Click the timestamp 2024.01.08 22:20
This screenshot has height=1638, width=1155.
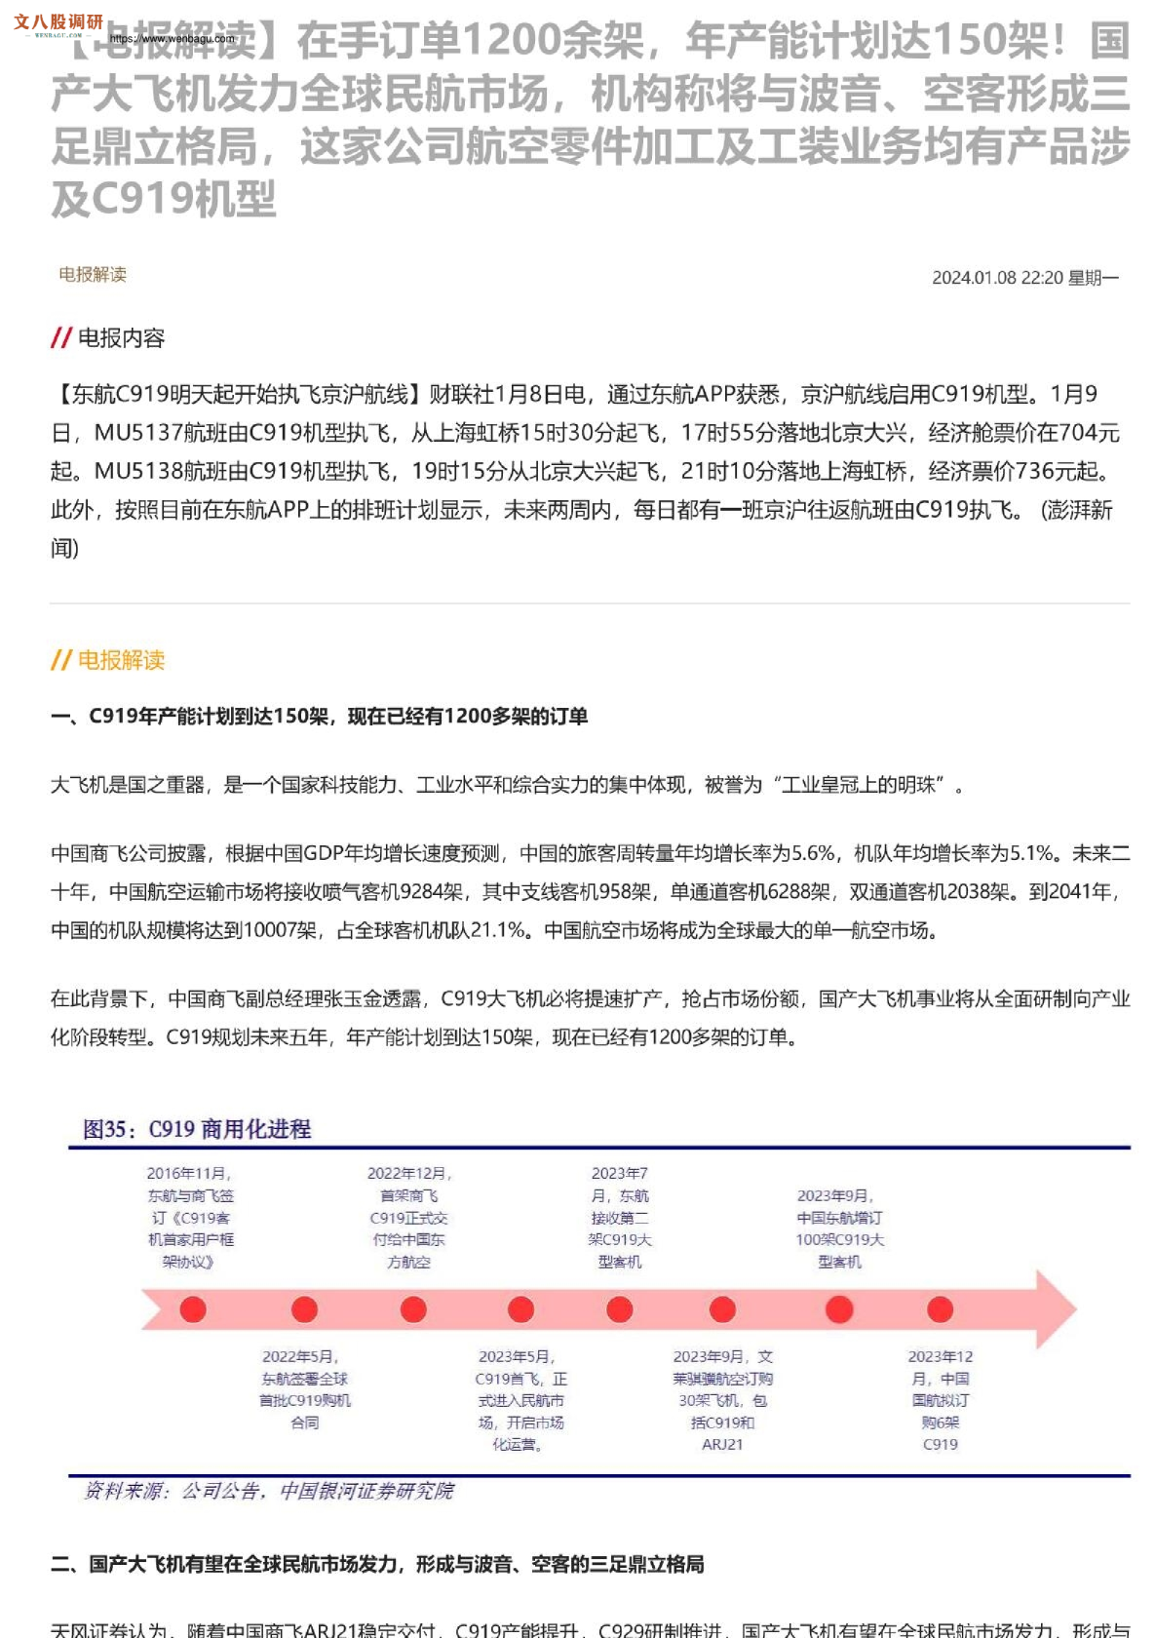996,278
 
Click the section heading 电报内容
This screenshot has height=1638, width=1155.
121,338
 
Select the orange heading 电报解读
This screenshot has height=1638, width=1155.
121,660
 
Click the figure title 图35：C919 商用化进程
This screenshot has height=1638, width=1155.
197,1129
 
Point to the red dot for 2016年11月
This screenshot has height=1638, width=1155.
193,1309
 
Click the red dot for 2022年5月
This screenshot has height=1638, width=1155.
304,1309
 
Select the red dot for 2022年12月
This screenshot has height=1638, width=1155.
413,1309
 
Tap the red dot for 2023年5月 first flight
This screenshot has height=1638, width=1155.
521,1309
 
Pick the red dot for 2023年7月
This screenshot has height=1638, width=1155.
620,1309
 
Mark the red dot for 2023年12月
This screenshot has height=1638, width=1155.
940,1309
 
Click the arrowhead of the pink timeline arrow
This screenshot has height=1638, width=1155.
1053,1309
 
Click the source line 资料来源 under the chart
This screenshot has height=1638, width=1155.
269,1491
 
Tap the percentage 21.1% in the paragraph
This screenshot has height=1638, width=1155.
498,930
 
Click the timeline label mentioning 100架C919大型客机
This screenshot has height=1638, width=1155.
839,1228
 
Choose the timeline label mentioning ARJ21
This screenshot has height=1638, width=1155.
722,1400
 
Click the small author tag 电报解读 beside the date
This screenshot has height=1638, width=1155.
93,275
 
